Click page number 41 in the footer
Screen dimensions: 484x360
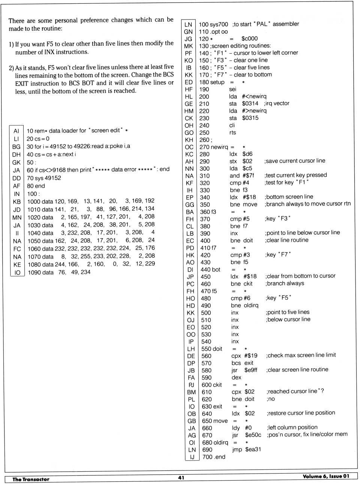[181, 478]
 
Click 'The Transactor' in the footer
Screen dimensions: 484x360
[31, 479]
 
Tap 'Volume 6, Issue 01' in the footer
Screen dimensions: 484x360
[326, 476]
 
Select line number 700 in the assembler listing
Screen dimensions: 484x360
[207, 457]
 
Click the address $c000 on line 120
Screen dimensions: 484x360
[249, 39]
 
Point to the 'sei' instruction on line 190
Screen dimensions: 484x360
[232, 89]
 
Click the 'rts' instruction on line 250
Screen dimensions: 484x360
[232, 133]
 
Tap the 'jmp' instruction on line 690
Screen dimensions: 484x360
[237, 449]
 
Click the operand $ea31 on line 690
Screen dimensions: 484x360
[253, 449]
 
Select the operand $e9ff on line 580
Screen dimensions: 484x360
[251, 370]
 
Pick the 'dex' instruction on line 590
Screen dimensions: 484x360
[236, 377]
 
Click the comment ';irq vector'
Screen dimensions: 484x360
[277, 103]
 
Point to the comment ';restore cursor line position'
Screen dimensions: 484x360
[301, 413]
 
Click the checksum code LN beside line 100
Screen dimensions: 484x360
[188, 24]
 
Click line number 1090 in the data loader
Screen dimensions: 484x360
[35, 272]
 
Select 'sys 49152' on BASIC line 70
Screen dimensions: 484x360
[44, 178]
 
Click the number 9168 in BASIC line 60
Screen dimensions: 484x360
[59, 170]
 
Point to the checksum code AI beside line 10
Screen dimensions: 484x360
[16, 131]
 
